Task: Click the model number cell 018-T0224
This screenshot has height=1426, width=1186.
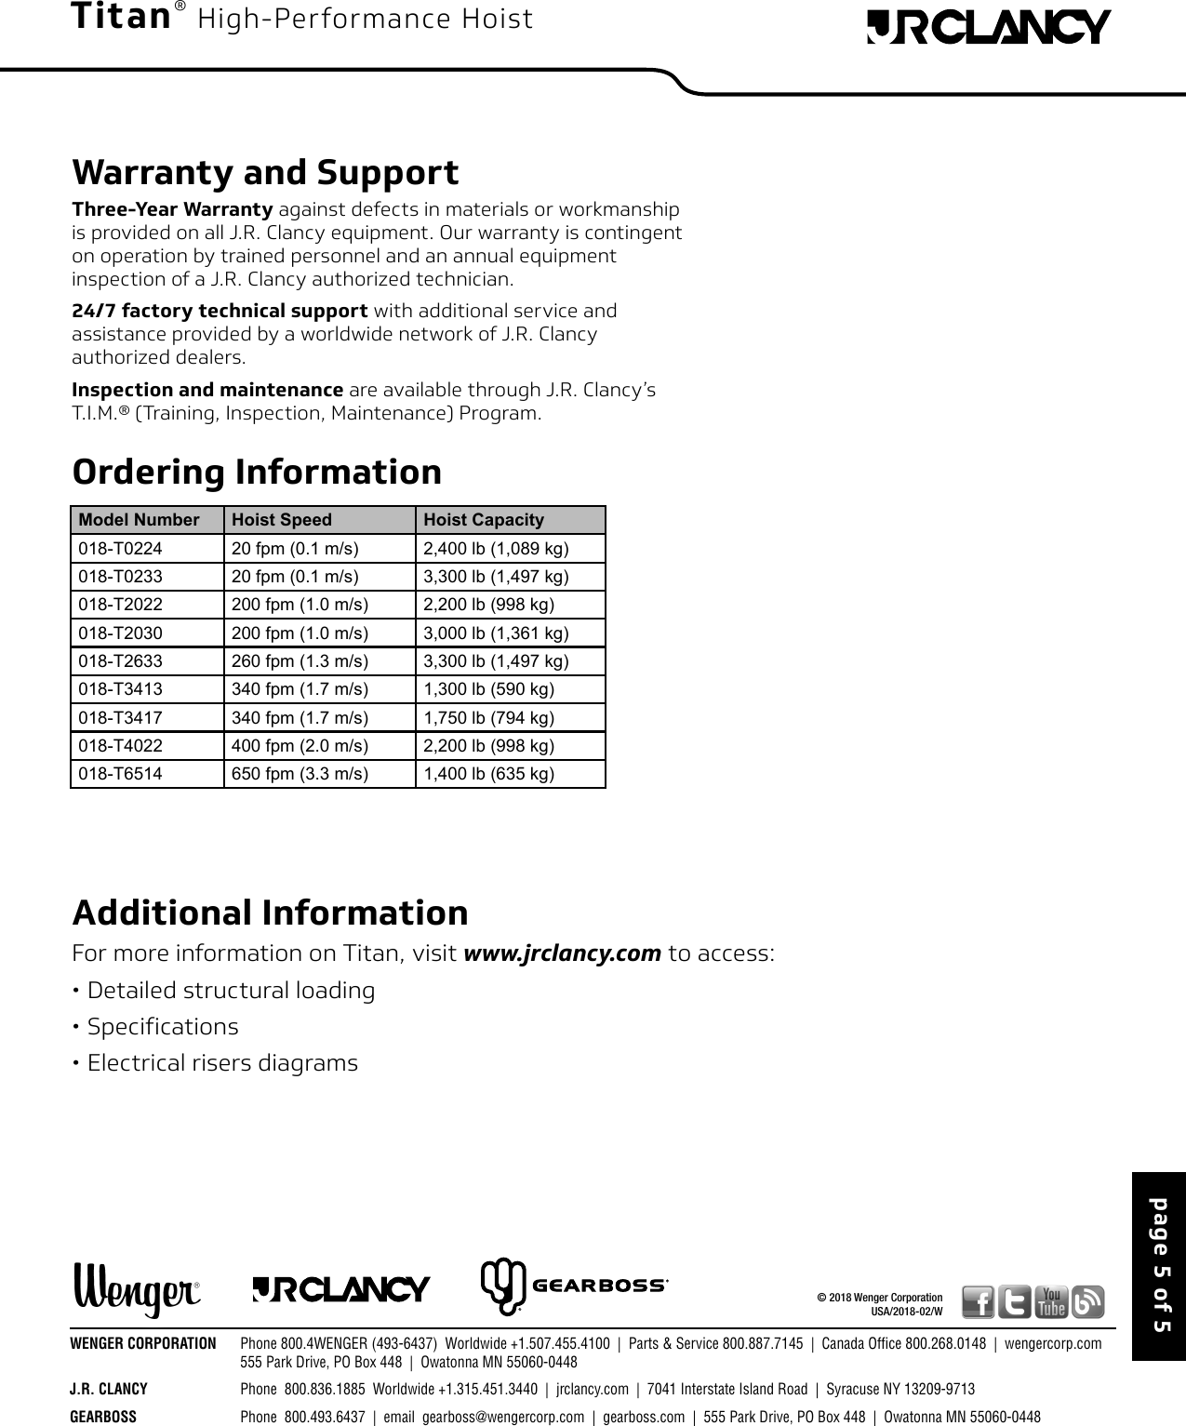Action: pyautogui.click(x=120, y=549)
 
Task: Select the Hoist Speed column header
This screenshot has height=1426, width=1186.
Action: pyautogui.click(x=281, y=520)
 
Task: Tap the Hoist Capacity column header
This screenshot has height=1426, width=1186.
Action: pyautogui.click(x=483, y=520)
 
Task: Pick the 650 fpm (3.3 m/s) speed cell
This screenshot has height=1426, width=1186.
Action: pyautogui.click(x=299, y=774)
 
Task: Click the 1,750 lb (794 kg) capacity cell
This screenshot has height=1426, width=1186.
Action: pyautogui.click(x=488, y=718)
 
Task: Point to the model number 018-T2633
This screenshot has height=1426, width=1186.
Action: pyautogui.click(x=120, y=661)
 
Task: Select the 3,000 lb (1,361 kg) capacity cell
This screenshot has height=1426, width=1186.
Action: pyautogui.click(x=496, y=633)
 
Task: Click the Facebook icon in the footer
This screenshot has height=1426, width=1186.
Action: pyautogui.click(x=978, y=1301)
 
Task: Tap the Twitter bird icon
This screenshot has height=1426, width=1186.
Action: pyautogui.click(x=1015, y=1301)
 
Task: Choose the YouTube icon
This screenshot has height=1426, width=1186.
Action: pyautogui.click(x=1052, y=1301)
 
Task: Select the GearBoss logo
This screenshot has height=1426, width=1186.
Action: pyautogui.click(x=574, y=1287)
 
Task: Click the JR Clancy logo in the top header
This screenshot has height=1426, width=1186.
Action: pyautogui.click(x=988, y=27)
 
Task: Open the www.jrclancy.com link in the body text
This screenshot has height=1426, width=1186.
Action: pyautogui.click(x=562, y=954)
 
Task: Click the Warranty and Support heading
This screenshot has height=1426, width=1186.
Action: pyautogui.click(x=265, y=173)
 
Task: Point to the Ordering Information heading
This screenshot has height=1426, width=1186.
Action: pyautogui.click(x=257, y=472)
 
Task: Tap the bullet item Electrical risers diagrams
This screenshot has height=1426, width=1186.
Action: pyautogui.click(x=222, y=1063)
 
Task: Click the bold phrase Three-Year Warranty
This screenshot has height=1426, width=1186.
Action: pyautogui.click(x=172, y=208)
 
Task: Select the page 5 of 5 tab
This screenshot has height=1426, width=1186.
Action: pyautogui.click(x=1159, y=1266)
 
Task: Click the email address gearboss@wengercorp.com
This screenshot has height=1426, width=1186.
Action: pyautogui.click(x=503, y=1417)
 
